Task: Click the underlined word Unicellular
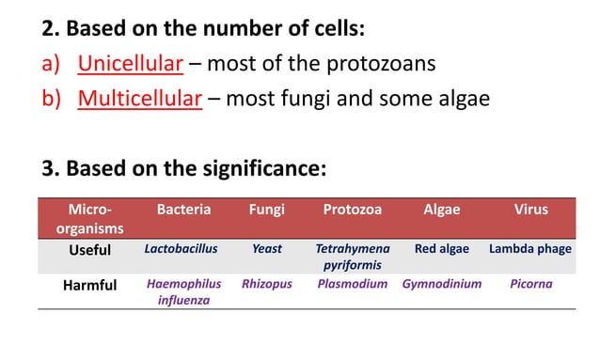pos(130,64)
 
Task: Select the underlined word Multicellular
pos(140,98)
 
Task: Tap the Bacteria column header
pos(183,210)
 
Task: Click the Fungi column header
pos(267,210)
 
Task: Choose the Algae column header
pos(441,210)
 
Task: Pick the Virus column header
pos(530,210)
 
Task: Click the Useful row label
pos(89,250)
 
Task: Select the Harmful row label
pos(89,285)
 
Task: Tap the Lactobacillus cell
pos(182,250)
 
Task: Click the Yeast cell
pos(267,250)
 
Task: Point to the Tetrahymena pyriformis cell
pos(352,258)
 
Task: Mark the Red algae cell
pos(442,250)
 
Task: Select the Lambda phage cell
pos(529,250)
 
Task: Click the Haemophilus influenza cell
pos(183,291)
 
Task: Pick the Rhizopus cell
pos(267,284)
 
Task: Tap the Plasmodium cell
pos(353,284)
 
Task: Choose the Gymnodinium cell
pos(442,284)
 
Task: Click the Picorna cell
pos(531,284)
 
